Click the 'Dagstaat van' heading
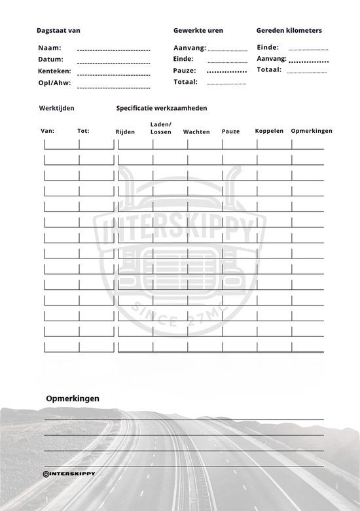pyautogui.click(x=59, y=30)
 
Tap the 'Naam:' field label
pyautogui.click(x=50, y=48)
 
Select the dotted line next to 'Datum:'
pyautogui.click(x=113, y=62)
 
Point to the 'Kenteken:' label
pyautogui.click(x=55, y=71)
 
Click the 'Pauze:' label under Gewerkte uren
pyautogui.click(x=185, y=70)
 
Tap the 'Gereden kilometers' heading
pyautogui.click(x=289, y=30)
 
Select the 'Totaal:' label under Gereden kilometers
pyautogui.click(x=269, y=69)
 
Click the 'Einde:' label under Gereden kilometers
pyautogui.click(x=268, y=47)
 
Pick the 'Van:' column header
pyautogui.click(x=48, y=131)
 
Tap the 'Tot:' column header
pyautogui.click(x=83, y=131)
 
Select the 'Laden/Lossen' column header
pyautogui.click(x=160, y=128)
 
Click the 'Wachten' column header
pyautogui.click(x=196, y=132)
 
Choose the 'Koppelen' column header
pyautogui.click(x=269, y=131)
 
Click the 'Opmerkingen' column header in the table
pyautogui.click(x=312, y=131)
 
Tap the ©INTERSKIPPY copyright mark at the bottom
pyautogui.click(x=69, y=472)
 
